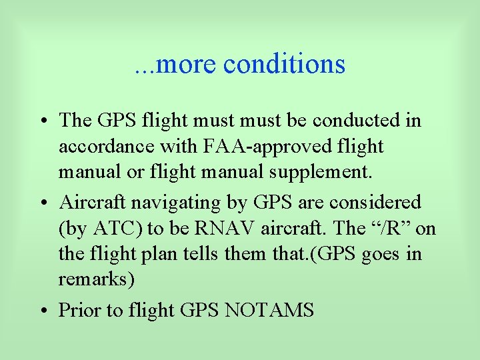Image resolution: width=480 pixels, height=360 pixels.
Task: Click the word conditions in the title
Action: pos(285,64)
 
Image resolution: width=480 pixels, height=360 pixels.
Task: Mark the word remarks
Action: pos(97,279)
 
